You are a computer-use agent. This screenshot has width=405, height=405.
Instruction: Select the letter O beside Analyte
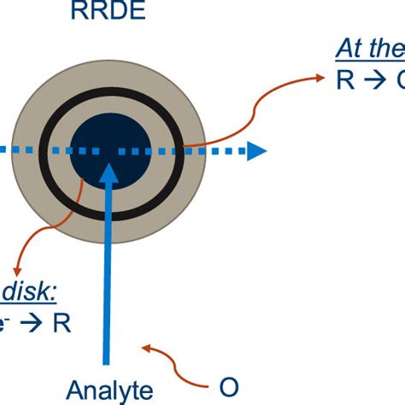point(228,386)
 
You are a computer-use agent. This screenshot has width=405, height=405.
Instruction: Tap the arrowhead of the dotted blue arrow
point(255,152)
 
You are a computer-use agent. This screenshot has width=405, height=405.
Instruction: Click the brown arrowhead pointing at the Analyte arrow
point(146,348)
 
